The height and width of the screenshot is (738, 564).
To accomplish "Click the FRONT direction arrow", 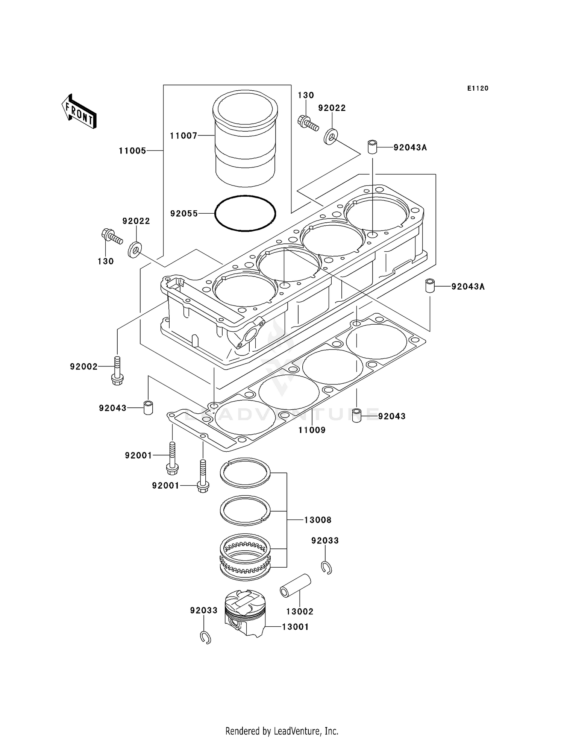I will pyautogui.click(x=79, y=111).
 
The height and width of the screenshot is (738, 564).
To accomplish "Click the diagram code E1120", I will pyautogui.click(x=478, y=88).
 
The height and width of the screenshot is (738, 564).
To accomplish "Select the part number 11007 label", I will pyautogui.click(x=183, y=136).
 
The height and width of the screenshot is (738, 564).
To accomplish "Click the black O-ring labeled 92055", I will pyautogui.click(x=245, y=213).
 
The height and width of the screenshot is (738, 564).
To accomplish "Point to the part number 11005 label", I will pyautogui.click(x=132, y=151).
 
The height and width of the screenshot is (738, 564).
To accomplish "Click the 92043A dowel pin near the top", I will pyautogui.click(x=372, y=147).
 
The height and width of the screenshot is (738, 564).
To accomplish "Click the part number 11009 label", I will pyautogui.click(x=312, y=430).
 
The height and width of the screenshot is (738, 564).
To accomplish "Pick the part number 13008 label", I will pyautogui.click(x=318, y=520).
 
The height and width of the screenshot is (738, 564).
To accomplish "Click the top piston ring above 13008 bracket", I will pyautogui.click(x=245, y=473).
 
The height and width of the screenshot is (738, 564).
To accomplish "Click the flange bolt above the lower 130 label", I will pyautogui.click(x=112, y=237).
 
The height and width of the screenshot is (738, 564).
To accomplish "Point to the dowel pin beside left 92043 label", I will pyautogui.click(x=149, y=408).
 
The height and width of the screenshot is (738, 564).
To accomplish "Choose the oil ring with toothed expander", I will pyautogui.click(x=245, y=556).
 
